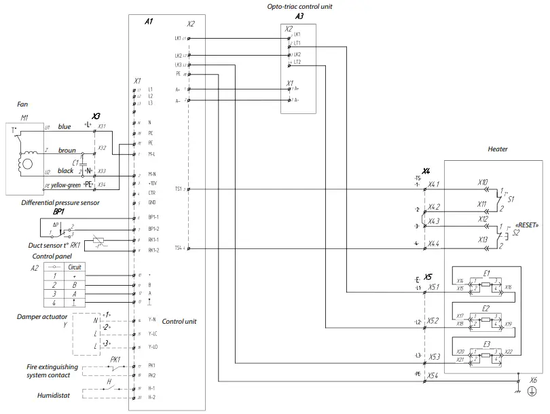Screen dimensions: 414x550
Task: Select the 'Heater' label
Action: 497,149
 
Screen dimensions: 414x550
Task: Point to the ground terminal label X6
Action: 533,381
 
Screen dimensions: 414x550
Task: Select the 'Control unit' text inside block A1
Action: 179,321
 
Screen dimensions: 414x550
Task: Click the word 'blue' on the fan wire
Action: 65,126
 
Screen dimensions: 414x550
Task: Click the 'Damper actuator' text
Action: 42,316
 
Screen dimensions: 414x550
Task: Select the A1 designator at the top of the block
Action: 149,22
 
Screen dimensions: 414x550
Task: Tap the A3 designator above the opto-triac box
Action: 299,15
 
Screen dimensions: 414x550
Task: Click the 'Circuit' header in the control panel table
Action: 75,267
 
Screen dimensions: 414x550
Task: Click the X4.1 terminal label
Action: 433,184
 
